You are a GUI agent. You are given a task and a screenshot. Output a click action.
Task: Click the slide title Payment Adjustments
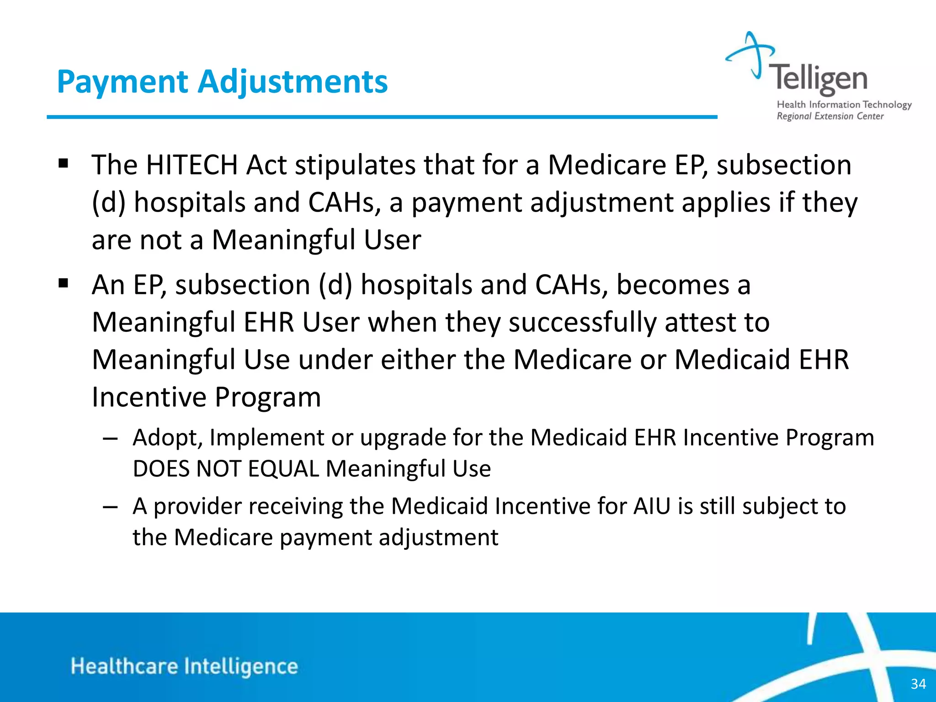coord(222,82)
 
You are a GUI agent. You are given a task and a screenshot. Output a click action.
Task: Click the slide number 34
coord(918,684)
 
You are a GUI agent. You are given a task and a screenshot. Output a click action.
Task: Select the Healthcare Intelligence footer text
coord(184,666)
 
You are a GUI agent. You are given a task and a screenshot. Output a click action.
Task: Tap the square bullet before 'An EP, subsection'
coord(63,284)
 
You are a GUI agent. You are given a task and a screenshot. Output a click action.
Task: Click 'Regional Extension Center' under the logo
coord(830,116)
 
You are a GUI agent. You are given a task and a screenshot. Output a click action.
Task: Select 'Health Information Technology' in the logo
coord(844,105)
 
